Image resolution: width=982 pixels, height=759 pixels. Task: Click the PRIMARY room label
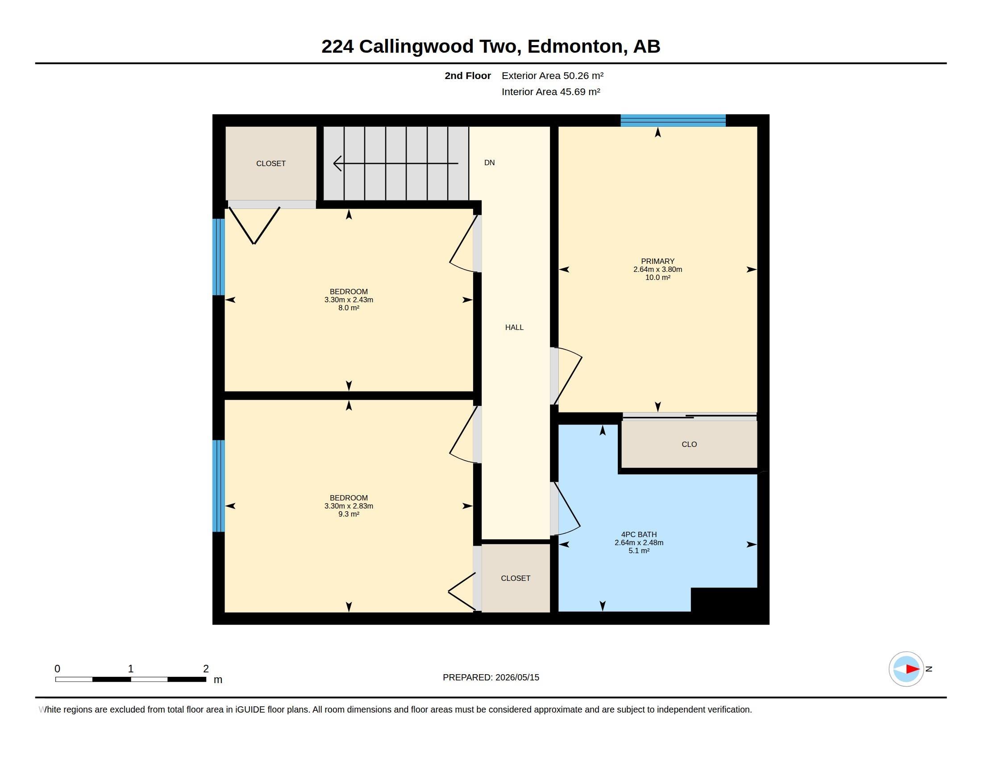657,261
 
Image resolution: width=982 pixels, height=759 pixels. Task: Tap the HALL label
514,327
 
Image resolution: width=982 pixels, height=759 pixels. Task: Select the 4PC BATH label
639,534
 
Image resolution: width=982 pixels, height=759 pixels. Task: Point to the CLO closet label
689,444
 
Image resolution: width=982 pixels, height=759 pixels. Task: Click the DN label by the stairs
490,163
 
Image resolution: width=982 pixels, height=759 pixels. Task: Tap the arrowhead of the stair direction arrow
337,163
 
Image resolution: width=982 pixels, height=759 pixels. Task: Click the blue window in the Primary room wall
673,121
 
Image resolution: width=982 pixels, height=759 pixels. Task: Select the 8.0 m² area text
349,308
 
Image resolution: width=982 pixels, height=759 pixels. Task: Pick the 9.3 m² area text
349,514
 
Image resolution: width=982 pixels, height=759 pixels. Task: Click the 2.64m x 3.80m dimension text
657,269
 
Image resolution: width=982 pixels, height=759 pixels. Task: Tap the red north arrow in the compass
913,669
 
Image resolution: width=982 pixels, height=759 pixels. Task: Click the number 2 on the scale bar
206,669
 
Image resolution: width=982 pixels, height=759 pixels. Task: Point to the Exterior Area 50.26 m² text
553,75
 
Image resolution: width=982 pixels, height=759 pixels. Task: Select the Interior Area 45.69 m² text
551,92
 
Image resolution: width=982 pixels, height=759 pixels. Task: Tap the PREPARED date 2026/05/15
517,677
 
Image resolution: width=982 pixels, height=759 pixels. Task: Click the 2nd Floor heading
468,75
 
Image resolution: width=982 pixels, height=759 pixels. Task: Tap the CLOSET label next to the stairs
270,164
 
